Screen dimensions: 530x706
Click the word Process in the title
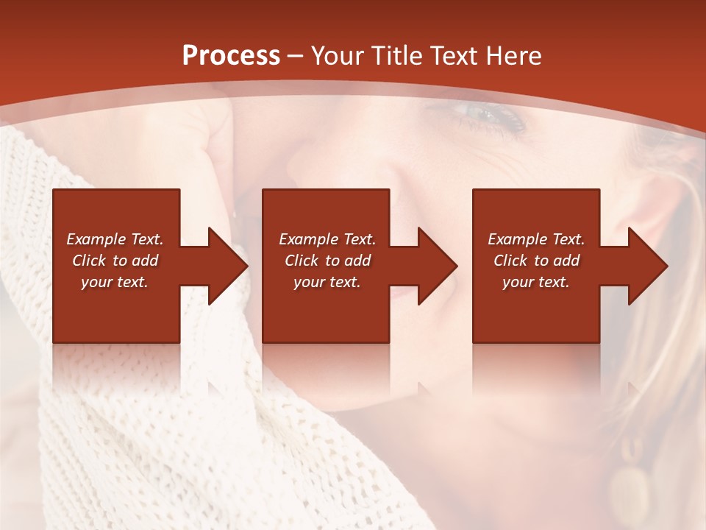coord(231,56)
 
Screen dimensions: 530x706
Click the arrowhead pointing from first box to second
coord(226,266)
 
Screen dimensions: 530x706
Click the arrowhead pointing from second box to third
coord(435,266)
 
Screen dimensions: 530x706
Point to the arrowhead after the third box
coord(646,266)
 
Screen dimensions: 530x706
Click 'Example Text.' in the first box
coord(115,239)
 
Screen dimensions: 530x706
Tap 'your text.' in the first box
coord(115,282)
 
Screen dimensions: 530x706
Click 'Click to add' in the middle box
coord(327,261)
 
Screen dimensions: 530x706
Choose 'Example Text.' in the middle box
coord(327,239)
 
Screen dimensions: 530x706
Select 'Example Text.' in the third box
coord(536,239)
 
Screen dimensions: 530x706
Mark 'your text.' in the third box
coord(536,282)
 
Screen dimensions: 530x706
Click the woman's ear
coord(647,221)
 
